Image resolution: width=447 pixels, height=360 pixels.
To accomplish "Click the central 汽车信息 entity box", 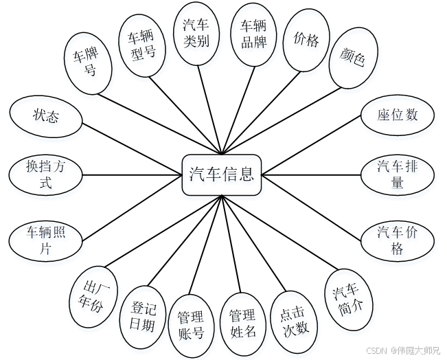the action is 222,174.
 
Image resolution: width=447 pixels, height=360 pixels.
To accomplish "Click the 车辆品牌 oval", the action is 253,34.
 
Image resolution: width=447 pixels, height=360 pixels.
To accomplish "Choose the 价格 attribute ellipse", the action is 306,41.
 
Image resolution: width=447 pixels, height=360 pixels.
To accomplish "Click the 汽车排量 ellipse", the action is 397,174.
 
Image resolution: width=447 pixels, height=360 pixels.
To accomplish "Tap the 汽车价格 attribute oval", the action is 397,239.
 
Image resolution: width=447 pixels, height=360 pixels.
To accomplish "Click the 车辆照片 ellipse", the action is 45,239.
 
